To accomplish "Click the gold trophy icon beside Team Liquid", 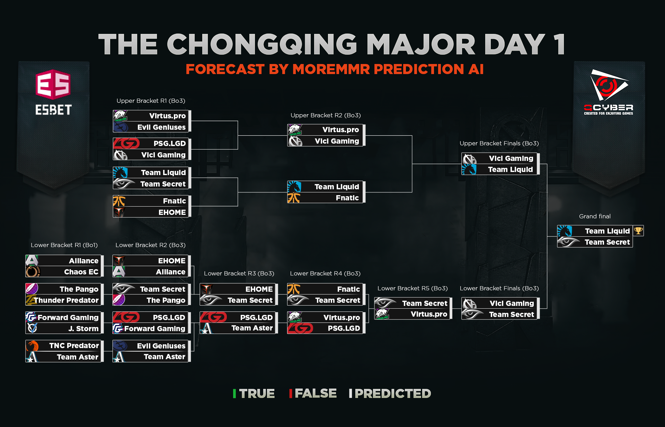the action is point(638,230).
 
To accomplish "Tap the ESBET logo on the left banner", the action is point(53,92).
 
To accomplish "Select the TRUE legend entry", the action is point(254,393).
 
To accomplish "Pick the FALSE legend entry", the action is point(313,393).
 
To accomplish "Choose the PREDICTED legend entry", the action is point(390,393).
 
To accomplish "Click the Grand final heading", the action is point(595,216).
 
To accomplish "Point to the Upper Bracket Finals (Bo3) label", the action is point(499,143).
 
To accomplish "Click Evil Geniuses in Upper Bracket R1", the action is point(151,127).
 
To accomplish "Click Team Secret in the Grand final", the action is point(595,242).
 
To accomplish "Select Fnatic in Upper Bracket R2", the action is point(325,198).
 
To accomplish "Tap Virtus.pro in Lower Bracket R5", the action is point(412,314).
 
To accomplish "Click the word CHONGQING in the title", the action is point(262,44).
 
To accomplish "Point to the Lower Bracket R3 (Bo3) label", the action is point(239,273).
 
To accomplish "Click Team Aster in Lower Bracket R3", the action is point(238,328).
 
